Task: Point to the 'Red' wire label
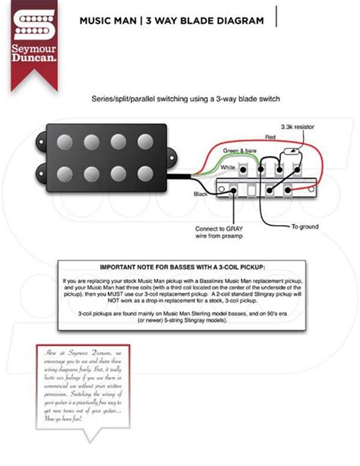pos(270,136)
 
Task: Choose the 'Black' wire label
pos(202,195)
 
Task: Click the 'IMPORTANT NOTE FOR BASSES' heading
pos(179,268)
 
